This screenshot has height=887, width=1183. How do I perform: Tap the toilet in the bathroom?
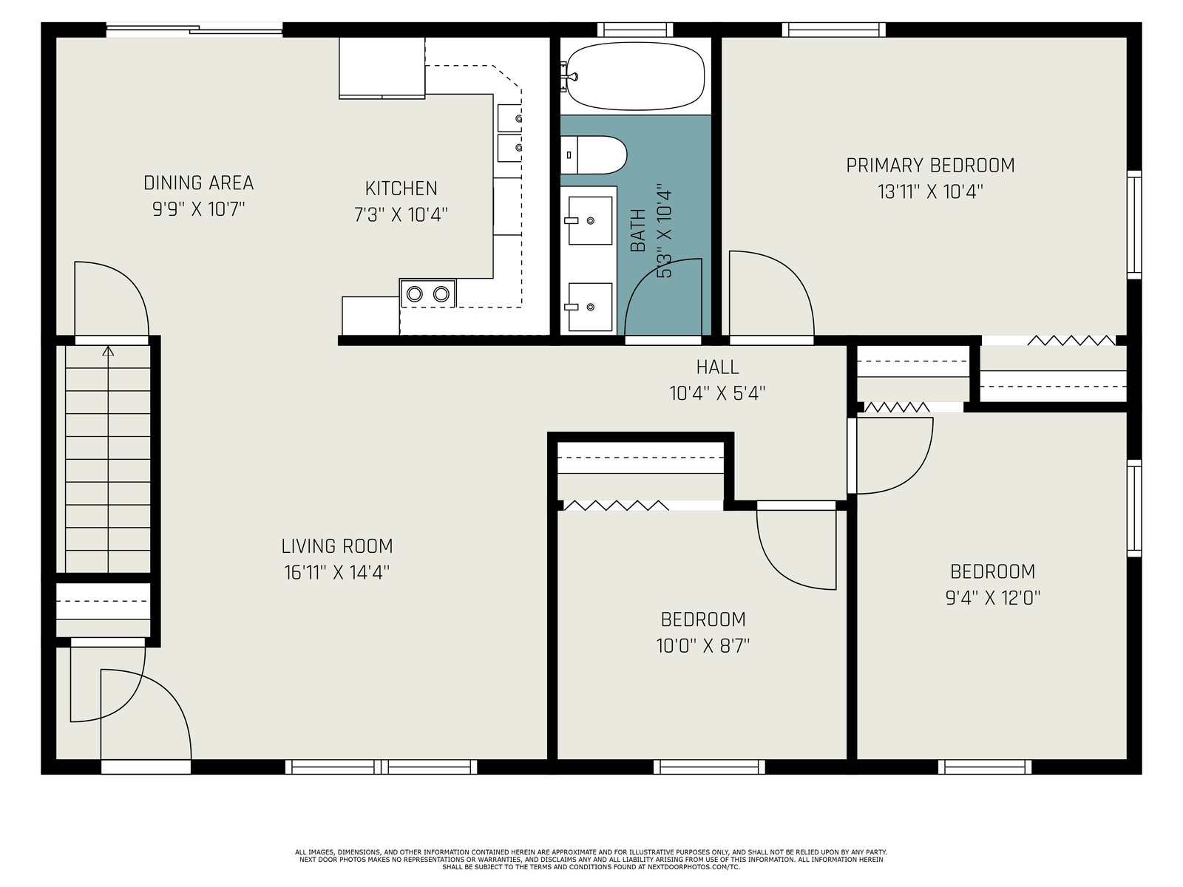coord(594,155)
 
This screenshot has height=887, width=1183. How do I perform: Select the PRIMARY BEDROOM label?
coord(930,166)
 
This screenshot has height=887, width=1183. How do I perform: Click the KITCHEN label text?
coord(401,188)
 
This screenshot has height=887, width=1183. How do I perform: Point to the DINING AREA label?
coord(198,183)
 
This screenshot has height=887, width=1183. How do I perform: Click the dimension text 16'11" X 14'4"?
coord(337,572)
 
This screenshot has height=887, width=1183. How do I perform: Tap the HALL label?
coord(717,367)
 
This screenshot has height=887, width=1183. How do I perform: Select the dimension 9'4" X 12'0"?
coord(993,598)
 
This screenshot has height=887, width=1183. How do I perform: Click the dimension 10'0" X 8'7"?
coord(703,645)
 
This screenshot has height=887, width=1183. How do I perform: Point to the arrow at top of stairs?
coord(109,350)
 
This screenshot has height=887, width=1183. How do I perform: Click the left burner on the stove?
coord(415,294)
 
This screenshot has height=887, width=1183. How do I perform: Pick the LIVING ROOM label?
coord(337,546)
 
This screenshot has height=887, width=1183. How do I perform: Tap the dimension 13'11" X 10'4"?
coord(930,191)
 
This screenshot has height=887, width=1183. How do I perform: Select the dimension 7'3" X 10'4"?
coord(401,215)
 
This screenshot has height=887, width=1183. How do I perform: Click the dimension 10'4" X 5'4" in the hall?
coord(717,394)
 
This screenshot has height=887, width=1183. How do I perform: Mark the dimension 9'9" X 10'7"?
coord(198,209)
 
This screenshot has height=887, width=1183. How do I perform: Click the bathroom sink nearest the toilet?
coord(589,221)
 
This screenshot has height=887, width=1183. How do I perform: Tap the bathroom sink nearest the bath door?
coord(589,307)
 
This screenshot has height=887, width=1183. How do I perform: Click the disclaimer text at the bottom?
coord(591,860)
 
